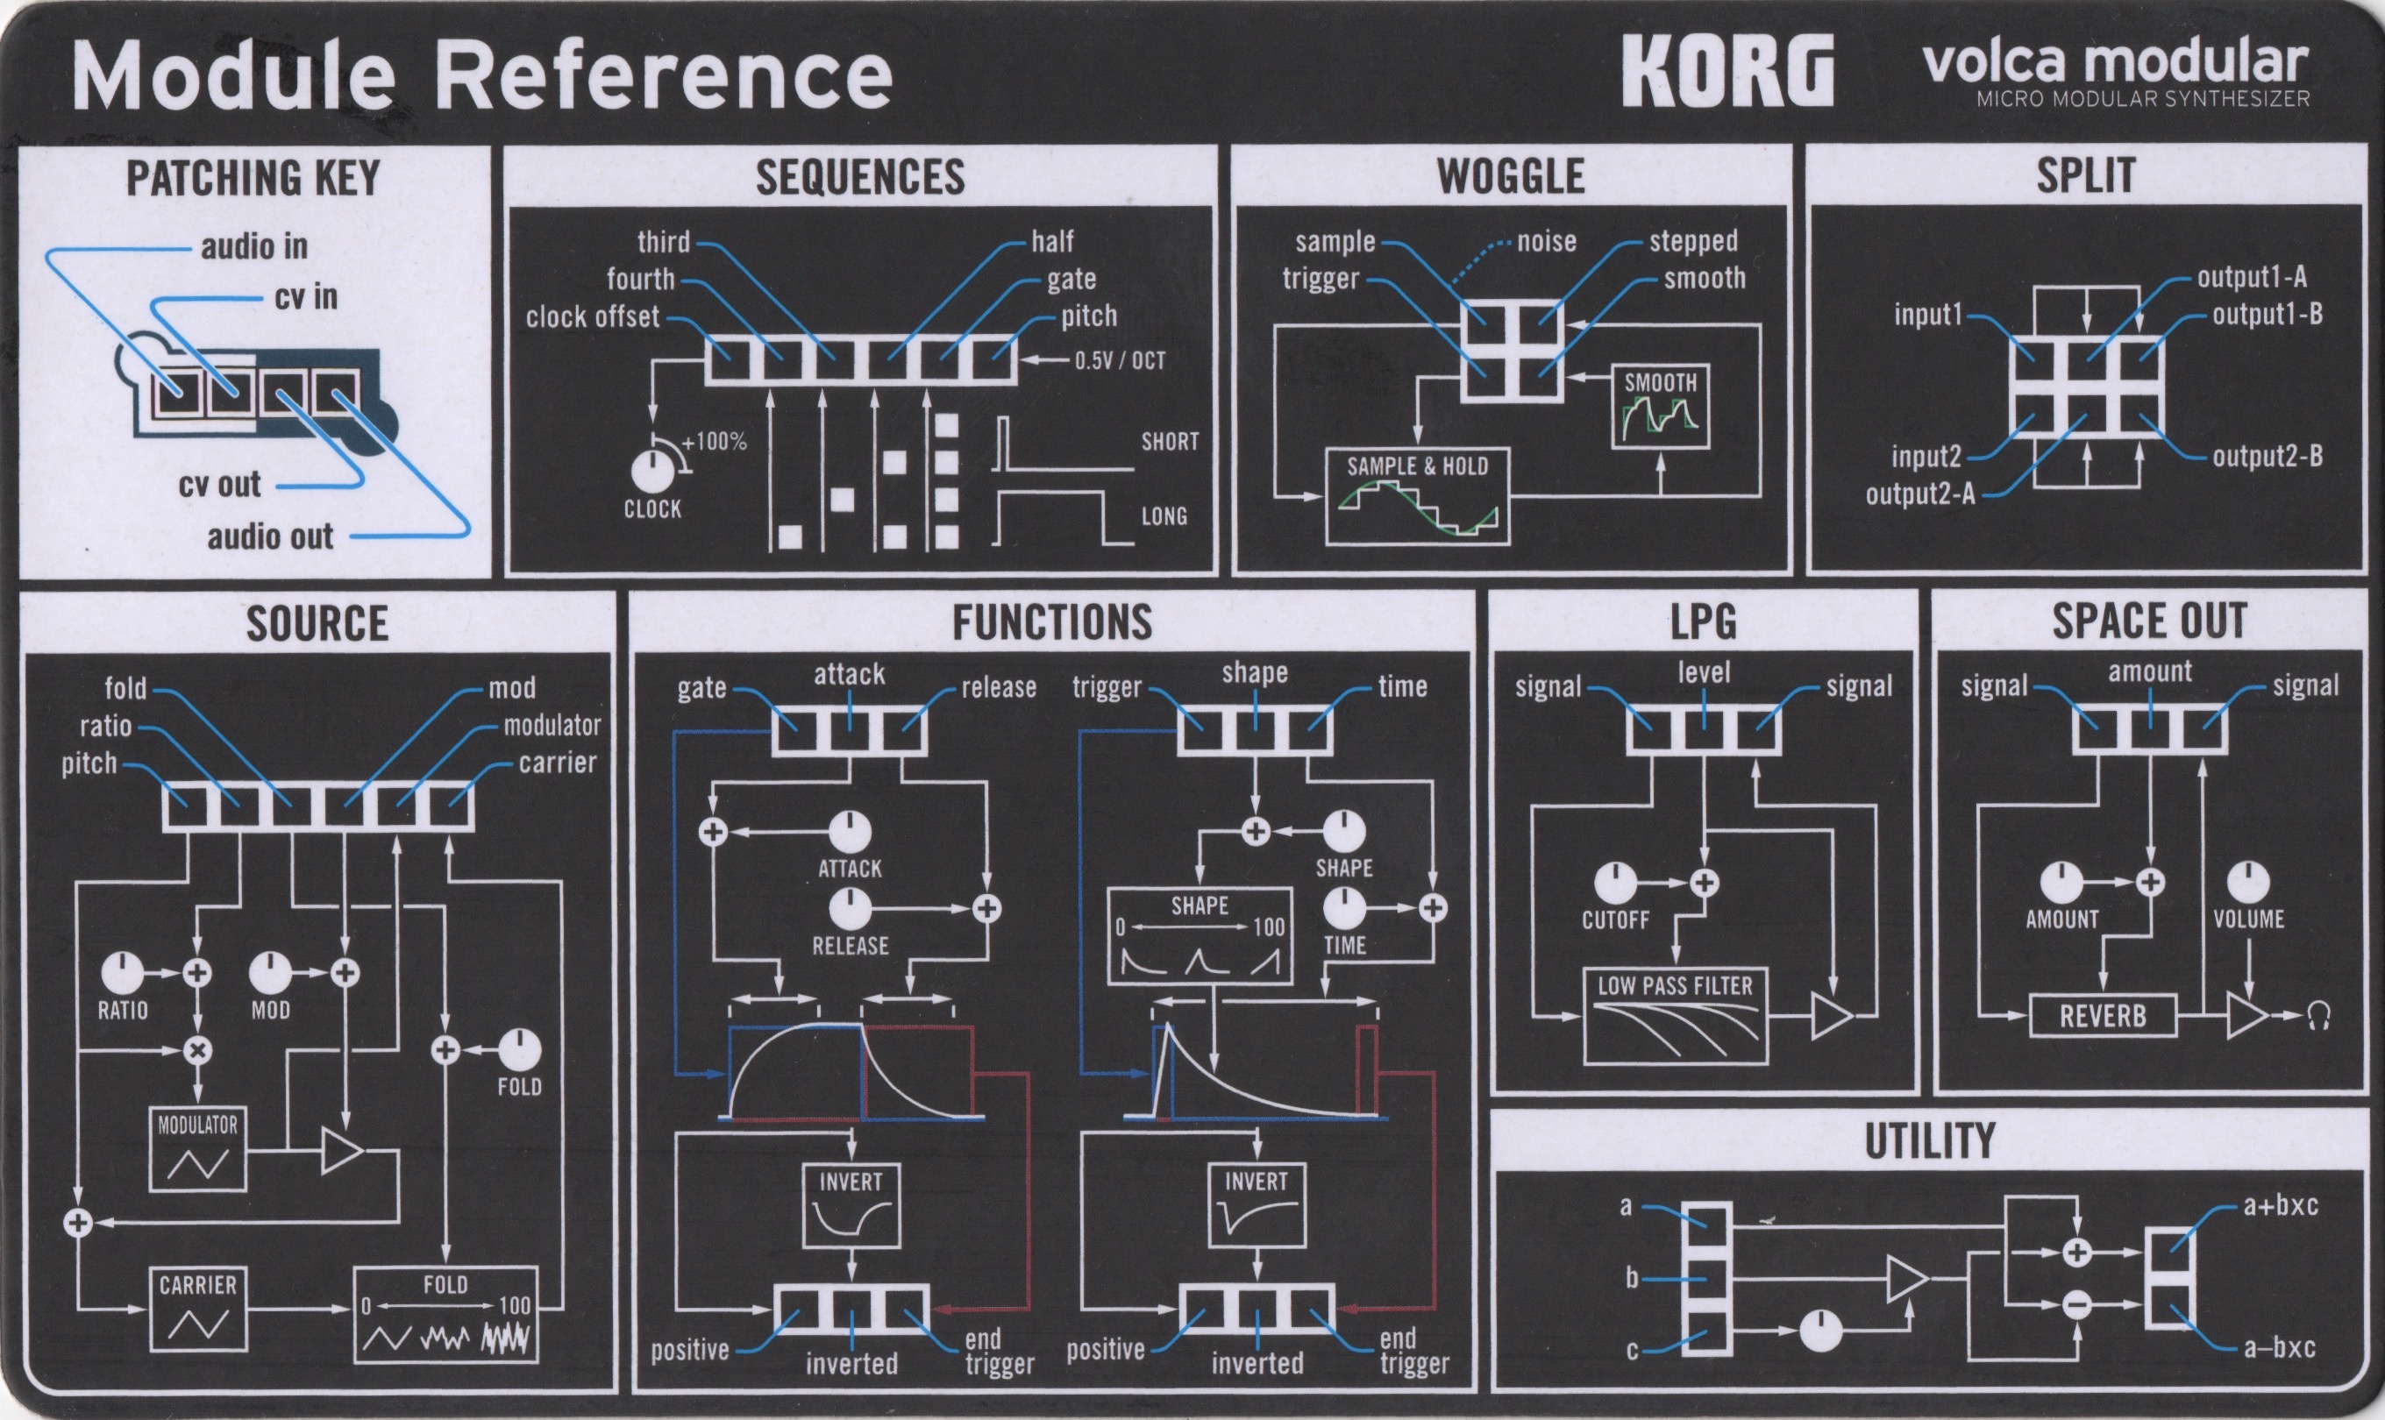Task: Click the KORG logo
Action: [1727, 72]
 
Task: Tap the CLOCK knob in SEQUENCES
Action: [652, 472]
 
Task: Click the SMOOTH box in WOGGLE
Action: [1661, 406]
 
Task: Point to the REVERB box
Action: [2102, 1015]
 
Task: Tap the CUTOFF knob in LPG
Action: [1615, 884]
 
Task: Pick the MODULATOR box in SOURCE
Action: [198, 1149]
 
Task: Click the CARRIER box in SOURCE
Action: [198, 1308]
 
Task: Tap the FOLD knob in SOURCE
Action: [520, 1051]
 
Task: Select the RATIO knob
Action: [123, 973]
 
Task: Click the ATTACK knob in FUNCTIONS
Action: [850, 833]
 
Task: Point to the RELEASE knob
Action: [850, 908]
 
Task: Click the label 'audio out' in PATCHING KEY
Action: [271, 536]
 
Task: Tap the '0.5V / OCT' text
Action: [1120, 361]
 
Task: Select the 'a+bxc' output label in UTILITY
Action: [2281, 1204]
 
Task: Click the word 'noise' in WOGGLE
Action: [1547, 241]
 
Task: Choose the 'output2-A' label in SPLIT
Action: [1920, 493]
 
